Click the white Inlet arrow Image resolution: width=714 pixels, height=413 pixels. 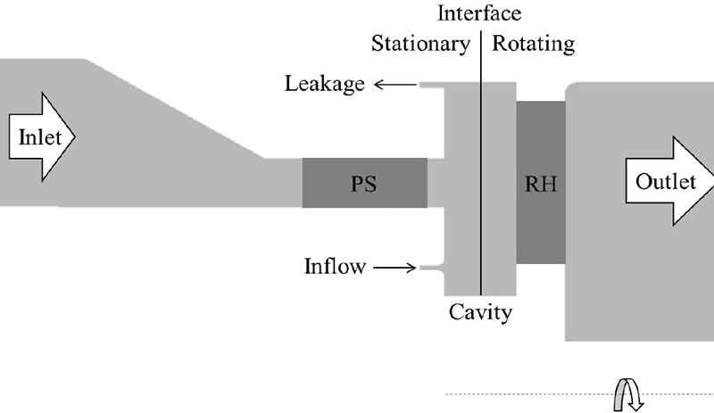(41, 138)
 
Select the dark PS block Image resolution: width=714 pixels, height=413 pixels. (364, 183)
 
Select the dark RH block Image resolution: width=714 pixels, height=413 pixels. (540, 183)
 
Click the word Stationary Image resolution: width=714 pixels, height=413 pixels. (420, 43)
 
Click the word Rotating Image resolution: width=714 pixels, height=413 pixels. (534, 43)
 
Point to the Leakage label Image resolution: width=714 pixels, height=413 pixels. (325, 85)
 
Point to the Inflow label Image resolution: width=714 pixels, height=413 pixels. (334, 267)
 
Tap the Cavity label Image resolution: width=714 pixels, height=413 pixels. (480, 312)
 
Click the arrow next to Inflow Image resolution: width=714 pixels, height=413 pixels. (394, 267)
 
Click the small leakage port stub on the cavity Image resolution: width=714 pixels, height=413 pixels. (433, 86)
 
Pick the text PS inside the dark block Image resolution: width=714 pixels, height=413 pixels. (364, 185)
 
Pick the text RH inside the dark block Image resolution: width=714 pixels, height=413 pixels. (540, 185)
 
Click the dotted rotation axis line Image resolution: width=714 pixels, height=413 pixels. (535, 393)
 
